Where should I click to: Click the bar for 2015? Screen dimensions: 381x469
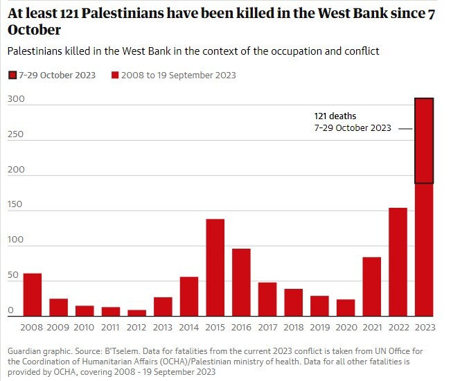[x=215, y=268]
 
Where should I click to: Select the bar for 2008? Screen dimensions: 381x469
[x=33, y=295]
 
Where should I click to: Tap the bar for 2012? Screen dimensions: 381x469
[x=137, y=313]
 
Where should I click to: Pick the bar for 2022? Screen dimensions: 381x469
[x=398, y=262]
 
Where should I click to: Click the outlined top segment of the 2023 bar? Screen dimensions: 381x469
[x=424, y=141]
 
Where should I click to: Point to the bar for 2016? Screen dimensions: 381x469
[x=241, y=283]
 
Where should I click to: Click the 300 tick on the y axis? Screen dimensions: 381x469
[x=17, y=99]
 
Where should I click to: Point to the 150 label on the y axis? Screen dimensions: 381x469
[x=17, y=204]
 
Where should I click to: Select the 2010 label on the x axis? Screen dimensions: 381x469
[x=85, y=327]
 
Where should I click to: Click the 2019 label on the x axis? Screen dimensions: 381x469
[x=319, y=327]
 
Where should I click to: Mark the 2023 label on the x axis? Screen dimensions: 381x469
[x=424, y=327]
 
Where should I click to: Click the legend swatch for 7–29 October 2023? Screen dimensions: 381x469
[x=12, y=75]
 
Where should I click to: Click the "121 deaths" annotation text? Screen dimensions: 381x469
[x=335, y=116]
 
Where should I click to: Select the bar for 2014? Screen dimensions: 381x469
[x=189, y=297]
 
